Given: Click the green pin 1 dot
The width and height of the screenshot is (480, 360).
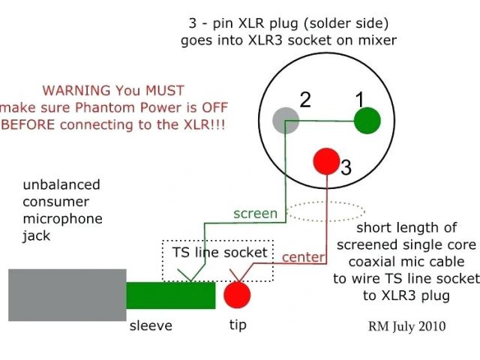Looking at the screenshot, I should tap(367, 120).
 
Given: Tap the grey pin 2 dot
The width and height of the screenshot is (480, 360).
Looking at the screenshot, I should tap(286, 121).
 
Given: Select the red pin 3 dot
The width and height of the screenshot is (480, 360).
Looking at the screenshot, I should tap(326, 160).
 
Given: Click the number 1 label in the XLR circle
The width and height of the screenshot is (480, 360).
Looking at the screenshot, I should tap(359, 97).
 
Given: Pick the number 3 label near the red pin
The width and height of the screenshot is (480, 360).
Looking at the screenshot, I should tap(346, 168).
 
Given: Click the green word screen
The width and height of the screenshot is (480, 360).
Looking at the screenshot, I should tap(255, 213).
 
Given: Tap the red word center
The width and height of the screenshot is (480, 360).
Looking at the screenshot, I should tap(303, 257).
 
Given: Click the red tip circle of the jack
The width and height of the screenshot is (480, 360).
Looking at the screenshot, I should tap(237, 293).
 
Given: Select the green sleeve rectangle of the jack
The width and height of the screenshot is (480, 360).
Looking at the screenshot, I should tap(170, 295).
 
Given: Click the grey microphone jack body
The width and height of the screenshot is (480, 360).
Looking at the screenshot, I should tap(67, 295).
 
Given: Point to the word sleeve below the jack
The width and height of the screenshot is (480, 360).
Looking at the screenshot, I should tap(151, 325).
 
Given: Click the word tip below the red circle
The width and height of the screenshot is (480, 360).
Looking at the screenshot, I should tap(236, 325).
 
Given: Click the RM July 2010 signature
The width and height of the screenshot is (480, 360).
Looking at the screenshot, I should tap(406, 326).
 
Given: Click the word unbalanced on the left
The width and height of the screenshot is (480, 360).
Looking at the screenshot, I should tap(61, 184).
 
